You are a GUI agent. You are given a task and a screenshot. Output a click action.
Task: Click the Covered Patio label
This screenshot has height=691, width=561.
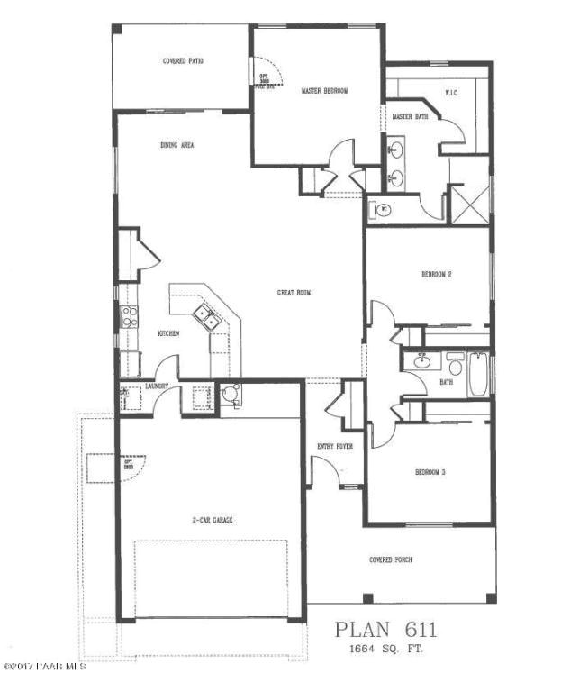183,61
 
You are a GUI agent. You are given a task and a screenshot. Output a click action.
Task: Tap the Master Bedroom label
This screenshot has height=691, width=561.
324,91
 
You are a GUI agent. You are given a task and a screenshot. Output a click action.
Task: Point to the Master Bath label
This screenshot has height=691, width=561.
410,116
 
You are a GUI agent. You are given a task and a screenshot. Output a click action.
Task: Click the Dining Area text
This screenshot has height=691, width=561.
177,144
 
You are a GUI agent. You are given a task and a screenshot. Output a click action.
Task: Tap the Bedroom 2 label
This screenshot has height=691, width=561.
436,274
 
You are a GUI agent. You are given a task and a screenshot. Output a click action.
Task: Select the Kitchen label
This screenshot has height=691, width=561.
169,333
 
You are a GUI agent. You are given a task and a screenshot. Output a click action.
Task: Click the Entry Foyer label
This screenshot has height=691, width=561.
335,446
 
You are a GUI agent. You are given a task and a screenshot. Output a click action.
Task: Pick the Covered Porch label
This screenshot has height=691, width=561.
391,559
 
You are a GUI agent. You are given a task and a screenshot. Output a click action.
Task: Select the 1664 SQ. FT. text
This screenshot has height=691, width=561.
387,649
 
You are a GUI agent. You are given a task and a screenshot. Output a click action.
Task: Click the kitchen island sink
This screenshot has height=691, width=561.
204,316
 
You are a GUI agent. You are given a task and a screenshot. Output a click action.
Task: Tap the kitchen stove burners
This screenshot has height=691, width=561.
130,316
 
